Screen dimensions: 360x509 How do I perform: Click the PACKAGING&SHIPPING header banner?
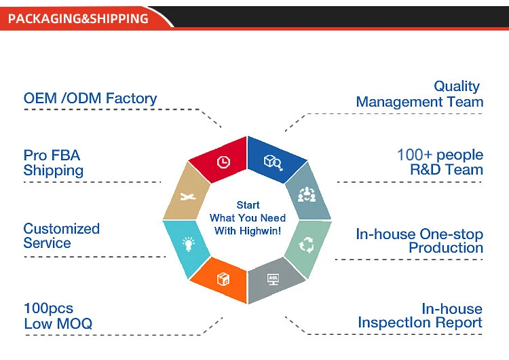pyautogui.click(x=78, y=18)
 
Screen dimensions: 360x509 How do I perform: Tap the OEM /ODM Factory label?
pyautogui.click(x=90, y=98)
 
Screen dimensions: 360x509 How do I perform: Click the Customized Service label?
pyautogui.click(x=62, y=236)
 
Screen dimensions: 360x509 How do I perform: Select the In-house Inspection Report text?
pyautogui.click(x=420, y=316)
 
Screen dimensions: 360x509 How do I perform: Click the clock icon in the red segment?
pyautogui.click(x=223, y=162)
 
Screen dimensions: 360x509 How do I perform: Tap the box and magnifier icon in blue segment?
pyautogui.click(x=273, y=162)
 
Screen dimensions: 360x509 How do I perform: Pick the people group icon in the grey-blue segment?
pyautogui.click(x=307, y=196)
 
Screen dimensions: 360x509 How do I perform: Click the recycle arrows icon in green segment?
pyautogui.click(x=307, y=245)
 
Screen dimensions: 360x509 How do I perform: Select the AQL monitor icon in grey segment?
pyautogui.click(x=273, y=278)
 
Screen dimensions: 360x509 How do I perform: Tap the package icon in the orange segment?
pyautogui.click(x=223, y=279)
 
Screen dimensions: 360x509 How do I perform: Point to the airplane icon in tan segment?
pyautogui.click(x=188, y=197)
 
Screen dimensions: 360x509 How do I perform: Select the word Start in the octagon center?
pyautogui.click(x=248, y=205)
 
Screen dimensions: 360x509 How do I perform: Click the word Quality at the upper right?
pyautogui.click(x=457, y=86)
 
